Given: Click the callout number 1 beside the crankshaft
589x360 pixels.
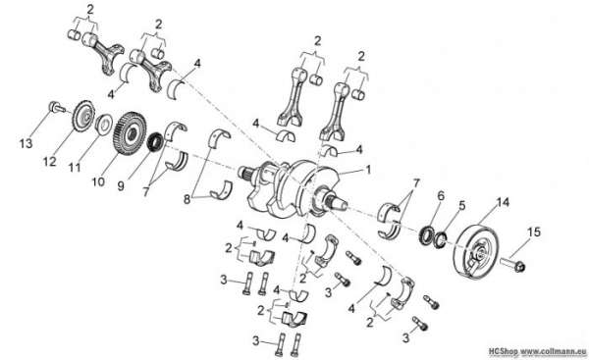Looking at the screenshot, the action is click(368, 170).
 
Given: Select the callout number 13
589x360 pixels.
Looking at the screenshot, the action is click(26, 143).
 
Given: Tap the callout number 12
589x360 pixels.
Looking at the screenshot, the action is click(50, 162).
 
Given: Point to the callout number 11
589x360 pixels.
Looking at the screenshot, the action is click(75, 168).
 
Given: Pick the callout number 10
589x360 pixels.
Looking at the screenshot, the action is click(98, 182).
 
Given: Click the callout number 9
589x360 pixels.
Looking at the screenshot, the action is click(121, 186).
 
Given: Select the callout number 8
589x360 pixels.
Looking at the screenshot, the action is click(187, 199).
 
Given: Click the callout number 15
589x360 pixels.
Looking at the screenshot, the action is click(534, 232).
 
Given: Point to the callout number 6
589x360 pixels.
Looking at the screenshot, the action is click(441, 195).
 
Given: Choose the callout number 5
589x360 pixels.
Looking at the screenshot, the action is click(462, 206).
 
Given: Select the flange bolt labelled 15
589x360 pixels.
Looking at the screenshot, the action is click(512, 264).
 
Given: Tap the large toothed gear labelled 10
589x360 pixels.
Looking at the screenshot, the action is click(130, 132).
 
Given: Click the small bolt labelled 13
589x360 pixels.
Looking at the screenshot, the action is click(56, 107).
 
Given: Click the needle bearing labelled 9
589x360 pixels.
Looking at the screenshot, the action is click(154, 142).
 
